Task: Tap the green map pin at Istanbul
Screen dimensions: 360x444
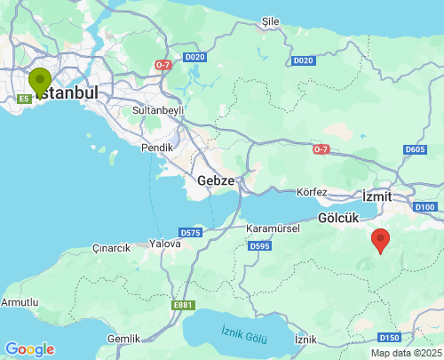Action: tap(40, 81)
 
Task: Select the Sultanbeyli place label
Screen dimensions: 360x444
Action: tap(157, 110)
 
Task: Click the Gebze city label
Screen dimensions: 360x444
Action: tap(216, 180)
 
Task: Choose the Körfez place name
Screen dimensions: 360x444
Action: tap(312, 192)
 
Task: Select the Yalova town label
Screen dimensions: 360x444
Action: tap(165, 243)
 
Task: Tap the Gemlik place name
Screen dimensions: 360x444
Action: tap(123, 339)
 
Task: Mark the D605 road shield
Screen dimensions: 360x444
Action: tap(415, 149)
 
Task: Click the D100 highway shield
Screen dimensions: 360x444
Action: tap(424, 207)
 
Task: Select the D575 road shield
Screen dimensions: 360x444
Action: tap(191, 232)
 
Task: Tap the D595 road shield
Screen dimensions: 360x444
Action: tap(259, 245)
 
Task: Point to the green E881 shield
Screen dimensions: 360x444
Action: tap(183, 305)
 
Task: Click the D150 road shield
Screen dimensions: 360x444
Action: tap(389, 338)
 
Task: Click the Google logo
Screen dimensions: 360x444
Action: tap(29, 349)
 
